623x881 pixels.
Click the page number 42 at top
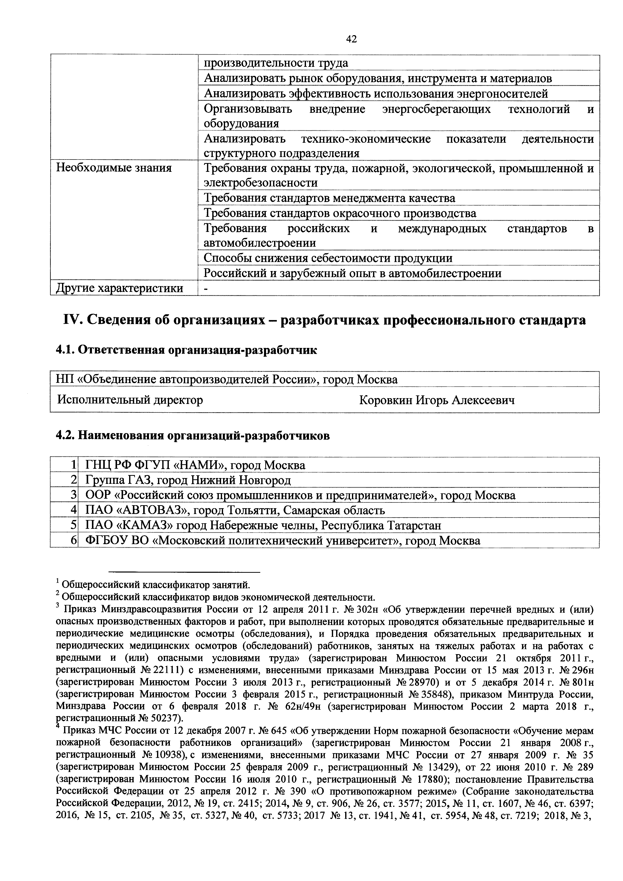tap(351, 39)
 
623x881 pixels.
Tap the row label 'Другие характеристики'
tap(119, 288)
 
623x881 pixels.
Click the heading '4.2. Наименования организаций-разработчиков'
tap(193, 436)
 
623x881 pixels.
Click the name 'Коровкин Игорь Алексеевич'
tap(437, 400)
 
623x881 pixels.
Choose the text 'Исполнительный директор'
tap(130, 400)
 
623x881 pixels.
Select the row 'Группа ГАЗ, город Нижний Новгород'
tap(188, 480)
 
